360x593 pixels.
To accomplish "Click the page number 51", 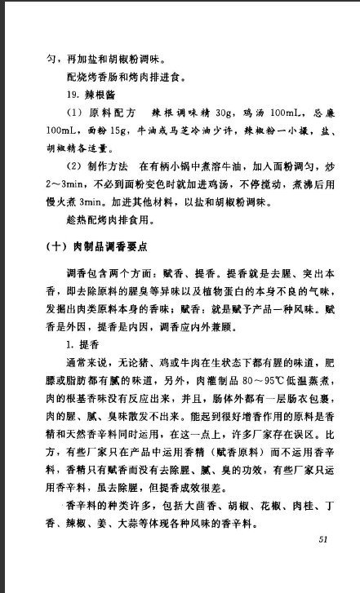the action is click(322, 539).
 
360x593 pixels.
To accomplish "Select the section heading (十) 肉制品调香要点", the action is click(107, 246).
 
